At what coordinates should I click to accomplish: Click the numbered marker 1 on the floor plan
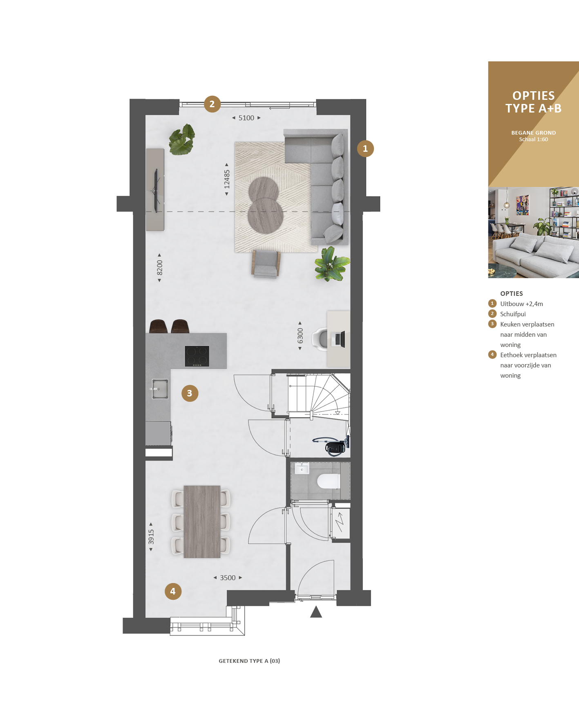click(365, 149)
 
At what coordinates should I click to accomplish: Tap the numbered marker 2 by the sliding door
click(212, 104)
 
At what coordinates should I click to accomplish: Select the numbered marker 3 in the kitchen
click(190, 393)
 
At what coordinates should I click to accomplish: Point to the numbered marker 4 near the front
click(173, 591)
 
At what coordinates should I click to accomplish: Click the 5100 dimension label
click(246, 118)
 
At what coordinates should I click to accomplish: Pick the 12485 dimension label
click(227, 179)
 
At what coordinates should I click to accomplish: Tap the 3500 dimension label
click(228, 578)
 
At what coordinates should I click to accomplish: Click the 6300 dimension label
click(300, 336)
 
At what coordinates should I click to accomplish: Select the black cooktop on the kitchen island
click(197, 356)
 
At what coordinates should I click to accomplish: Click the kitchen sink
click(159, 389)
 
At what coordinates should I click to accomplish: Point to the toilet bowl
click(329, 481)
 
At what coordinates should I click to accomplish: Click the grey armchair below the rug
click(266, 264)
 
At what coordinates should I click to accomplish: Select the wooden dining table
click(202, 522)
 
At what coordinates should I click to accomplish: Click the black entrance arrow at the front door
click(316, 612)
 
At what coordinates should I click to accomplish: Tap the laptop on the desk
click(340, 339)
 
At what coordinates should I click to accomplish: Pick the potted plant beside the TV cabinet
click(182, 140)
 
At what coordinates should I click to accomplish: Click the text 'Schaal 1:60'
click(533, 140)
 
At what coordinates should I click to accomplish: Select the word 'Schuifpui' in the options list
click(513, 314)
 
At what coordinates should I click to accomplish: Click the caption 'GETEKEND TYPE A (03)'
click(249, 661)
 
